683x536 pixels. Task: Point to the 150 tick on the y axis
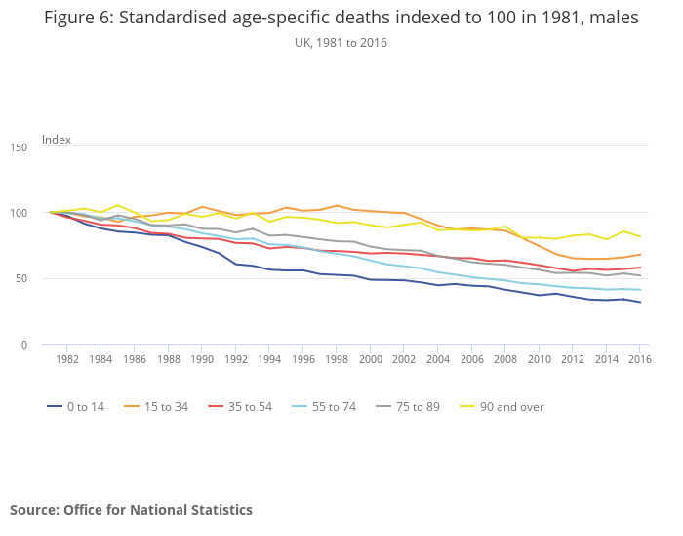19,146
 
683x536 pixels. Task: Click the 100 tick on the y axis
19,213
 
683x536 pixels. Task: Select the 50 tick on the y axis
20,278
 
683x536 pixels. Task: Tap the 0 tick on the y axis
23,345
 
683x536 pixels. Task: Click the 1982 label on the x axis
67,360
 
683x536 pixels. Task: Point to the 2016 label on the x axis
639,360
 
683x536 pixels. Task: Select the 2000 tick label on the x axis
370,360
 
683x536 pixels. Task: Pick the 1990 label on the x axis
202,360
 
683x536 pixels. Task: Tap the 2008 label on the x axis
504,360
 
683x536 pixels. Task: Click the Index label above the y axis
57,140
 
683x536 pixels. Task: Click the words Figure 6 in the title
80,19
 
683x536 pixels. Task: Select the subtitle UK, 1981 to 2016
341,42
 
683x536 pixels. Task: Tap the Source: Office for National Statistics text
131,510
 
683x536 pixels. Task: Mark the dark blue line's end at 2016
639,302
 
